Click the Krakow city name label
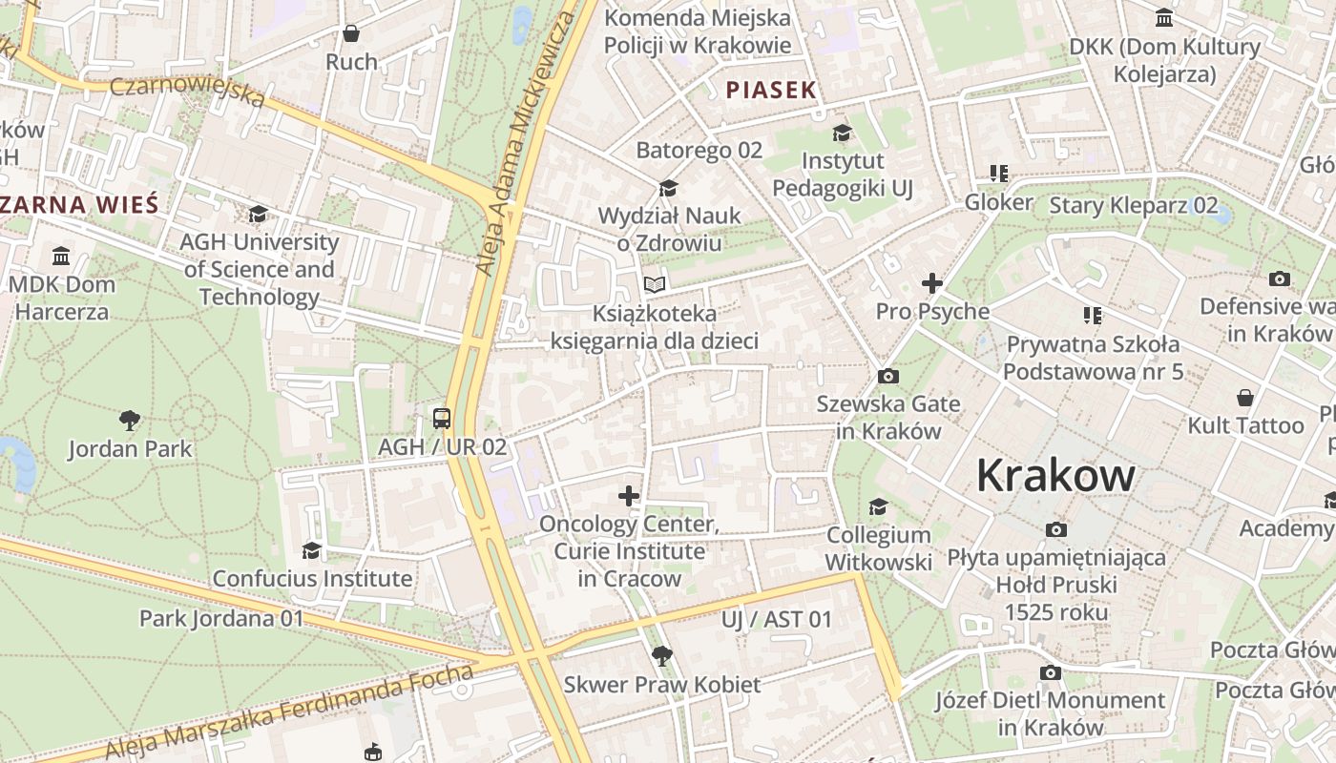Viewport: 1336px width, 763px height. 1055,476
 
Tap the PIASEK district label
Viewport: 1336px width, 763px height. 771,91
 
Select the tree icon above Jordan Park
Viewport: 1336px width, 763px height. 130,420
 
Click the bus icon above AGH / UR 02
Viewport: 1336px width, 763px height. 442,418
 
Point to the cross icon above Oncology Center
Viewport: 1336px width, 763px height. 629,495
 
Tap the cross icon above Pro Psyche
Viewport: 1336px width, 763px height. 932,283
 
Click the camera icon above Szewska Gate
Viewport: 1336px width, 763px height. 887,376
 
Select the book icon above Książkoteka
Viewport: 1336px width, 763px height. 654,284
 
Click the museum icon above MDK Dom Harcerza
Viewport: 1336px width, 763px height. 62,256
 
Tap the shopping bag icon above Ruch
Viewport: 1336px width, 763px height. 351,33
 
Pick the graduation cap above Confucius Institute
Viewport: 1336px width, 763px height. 312,550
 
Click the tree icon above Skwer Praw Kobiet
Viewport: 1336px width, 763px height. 661,656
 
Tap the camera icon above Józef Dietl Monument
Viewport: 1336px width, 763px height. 1051,672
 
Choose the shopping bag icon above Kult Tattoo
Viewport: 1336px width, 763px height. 1245,397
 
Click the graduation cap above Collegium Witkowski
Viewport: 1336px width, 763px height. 878,506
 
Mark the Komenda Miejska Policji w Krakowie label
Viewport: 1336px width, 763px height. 698,31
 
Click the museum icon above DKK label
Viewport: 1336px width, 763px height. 1164,18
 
